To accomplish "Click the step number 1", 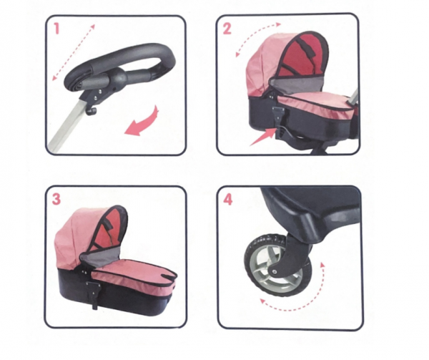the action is tap(56, 29).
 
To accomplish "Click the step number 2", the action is tap(227, 29).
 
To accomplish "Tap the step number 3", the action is tap(56, 199).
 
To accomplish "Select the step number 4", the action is tap(227, 199).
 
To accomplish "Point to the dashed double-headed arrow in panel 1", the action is tap(74, 52).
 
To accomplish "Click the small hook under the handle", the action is tap(92, 111).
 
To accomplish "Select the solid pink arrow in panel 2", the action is tap(262, 137).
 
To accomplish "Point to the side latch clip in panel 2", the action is tap(277, 115).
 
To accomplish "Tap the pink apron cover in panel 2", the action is tap(315, 104).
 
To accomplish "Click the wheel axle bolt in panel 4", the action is tap(275, 271).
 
